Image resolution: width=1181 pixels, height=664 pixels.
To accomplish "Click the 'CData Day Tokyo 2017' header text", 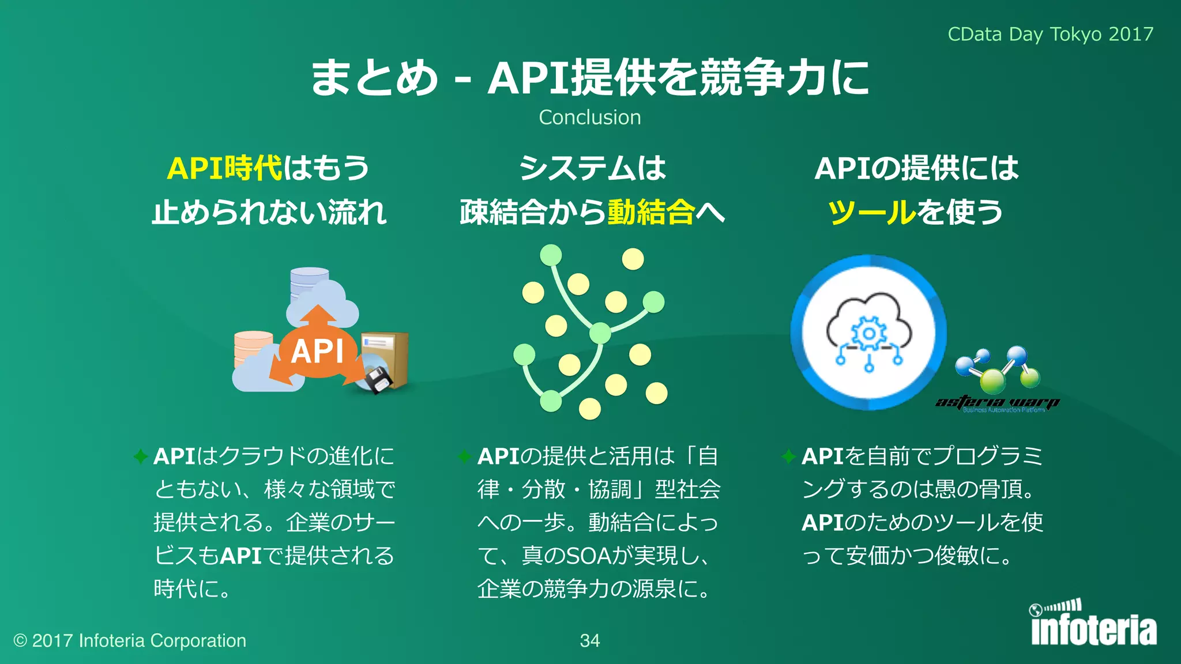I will pyautogui.click(x=1050, y=35).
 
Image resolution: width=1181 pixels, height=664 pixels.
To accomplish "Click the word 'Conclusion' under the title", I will pyautogui.click(x=589, y=118).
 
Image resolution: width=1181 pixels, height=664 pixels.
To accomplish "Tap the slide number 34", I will pyautogui.click(x=589, y=640).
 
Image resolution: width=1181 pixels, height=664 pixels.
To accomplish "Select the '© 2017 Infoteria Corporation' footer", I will pyautogui.click(x=130, y=640).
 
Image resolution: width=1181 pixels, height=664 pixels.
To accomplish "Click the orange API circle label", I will pyautogui.click(x=317, y=351).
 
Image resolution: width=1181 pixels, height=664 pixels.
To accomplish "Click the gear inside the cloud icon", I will pyautogui.click(x=868, y=334).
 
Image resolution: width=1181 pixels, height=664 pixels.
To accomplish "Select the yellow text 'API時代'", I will pyautogui.click(x=224, y=168).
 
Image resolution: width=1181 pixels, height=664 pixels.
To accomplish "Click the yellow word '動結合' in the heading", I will pyautogui.click(x=650, y=212).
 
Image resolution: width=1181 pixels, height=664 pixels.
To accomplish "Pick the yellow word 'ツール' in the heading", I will pyautogui.click(x=871, y=212).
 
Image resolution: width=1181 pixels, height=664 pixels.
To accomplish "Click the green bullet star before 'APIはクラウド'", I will pyautogui.click(x=141, y=456).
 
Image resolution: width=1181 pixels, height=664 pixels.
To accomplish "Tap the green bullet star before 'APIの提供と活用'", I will pyautogui.click(x=465, y=456).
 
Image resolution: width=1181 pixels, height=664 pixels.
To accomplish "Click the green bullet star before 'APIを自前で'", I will pyautogui.click(x=789, y=456).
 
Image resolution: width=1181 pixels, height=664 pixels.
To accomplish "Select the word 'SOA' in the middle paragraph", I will pyautogui.click(x=589, y=556).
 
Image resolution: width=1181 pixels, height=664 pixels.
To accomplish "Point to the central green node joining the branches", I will pyautogui.click(x=600, y=333).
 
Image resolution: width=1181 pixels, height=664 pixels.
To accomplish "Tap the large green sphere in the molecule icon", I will pyautogui.click(x=992, y=381).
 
